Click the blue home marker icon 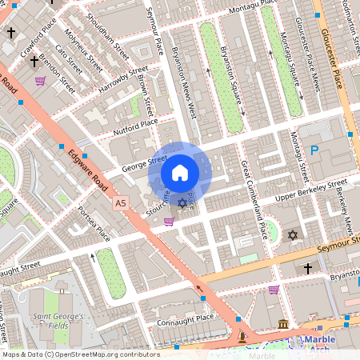180,173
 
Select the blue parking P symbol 314,150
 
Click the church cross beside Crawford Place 11,34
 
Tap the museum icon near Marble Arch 284,324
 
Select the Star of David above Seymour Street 293,235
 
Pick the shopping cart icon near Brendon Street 40,81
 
